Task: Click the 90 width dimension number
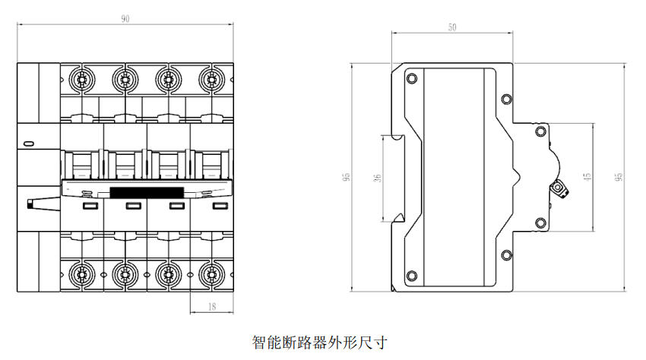(x=125, y=19)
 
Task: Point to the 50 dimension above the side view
(x=452, y=27)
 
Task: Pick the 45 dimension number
(x=587, y=177)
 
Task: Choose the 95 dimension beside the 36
(x=346, y=177)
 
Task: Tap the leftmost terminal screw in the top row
(x=80, y=78)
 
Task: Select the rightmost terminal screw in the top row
(x=209, y=78)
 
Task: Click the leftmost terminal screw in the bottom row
(x=80, y=274)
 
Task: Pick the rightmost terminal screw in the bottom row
(x=209, y=274)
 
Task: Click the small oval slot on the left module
(x=30, y=143)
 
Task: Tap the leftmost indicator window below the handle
(x=88, y=206)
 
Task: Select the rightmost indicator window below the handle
(x=219, y=206)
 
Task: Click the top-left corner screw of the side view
(x=412, y=78)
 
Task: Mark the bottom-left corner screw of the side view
(x=412, y=275)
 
